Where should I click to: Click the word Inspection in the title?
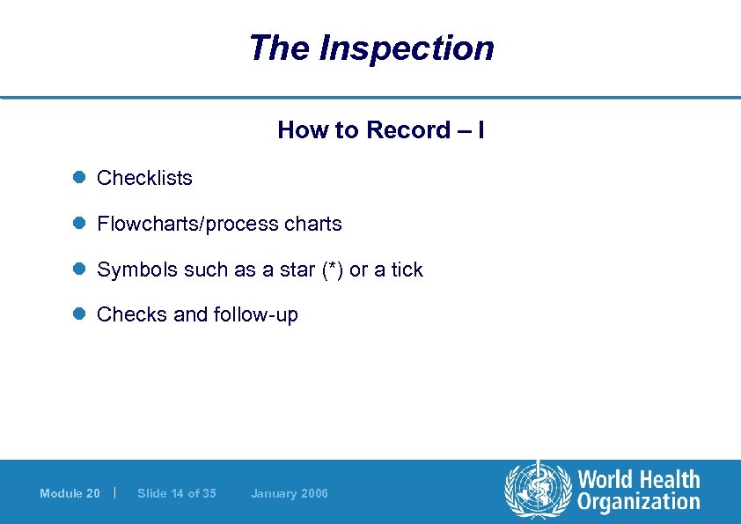point(407,48)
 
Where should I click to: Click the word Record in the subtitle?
point(407,130)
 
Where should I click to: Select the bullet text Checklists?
point(144,178)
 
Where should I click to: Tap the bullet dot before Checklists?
point(77,178)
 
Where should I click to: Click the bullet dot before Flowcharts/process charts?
point(77,224)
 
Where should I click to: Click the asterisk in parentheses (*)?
point(333,269)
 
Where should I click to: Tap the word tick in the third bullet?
point(407,269)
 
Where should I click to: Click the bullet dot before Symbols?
point(77,269)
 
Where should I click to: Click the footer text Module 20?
point(70,493)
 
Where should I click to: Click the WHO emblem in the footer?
point(537,490)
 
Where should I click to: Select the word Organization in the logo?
point(639,503)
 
